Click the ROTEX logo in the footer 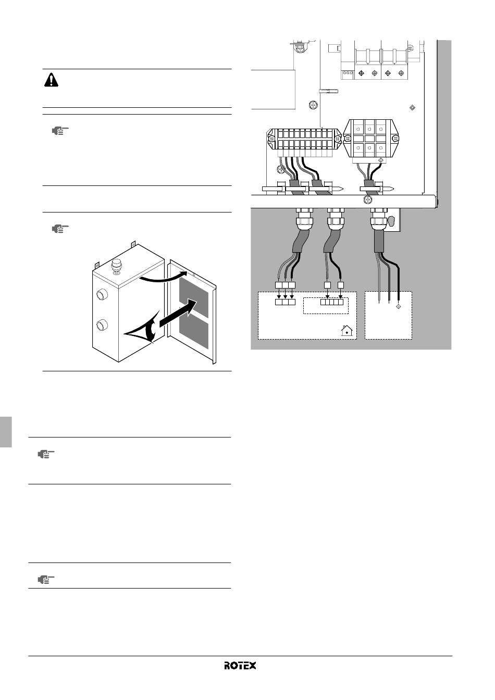[240, 665]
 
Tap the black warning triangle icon [51, 80]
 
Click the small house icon [347, 330]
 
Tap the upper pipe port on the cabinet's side [102, 294]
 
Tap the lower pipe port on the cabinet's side [102, 325]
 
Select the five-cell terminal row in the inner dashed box [332, 302]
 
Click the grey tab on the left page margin [6, 432]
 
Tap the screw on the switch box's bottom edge [368, 199]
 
